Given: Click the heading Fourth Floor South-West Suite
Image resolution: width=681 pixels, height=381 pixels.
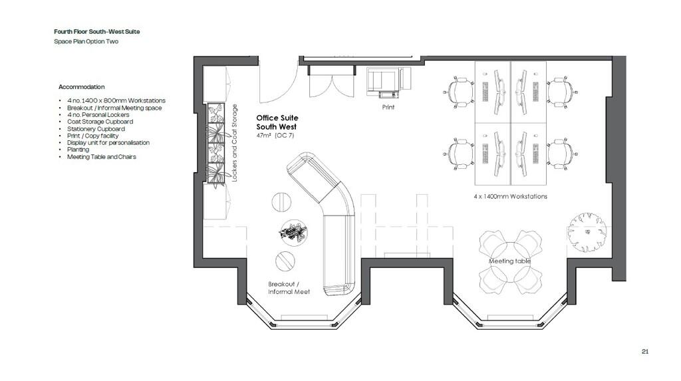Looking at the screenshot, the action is (x=97, y=32).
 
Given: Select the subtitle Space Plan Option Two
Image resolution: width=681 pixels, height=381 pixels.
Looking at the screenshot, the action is (x=86, y=42).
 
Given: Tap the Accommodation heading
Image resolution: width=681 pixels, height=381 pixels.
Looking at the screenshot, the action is (x=82, y=87).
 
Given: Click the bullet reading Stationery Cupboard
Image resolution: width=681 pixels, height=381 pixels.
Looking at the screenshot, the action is (x=96, y=129).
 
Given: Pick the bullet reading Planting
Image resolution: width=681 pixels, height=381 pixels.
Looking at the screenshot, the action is (x=78, y=150).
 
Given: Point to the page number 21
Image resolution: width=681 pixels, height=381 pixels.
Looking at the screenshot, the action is (x=645, y=352).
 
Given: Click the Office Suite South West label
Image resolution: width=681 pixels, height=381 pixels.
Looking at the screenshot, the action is (x=277, y=122).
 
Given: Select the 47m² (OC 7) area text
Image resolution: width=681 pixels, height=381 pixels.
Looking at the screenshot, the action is (x=275, y=136).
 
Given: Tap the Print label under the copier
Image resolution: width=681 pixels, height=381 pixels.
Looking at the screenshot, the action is (x=388, y=107).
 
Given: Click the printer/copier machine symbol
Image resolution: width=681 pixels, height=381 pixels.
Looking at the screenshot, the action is (x=388, y=82).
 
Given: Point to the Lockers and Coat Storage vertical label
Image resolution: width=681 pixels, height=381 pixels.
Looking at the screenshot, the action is (x=235, y=143).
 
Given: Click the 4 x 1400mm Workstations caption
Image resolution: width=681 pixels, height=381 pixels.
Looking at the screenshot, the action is (x=510, y=196).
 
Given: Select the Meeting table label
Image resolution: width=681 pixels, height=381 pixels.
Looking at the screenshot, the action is (x=510, y=261).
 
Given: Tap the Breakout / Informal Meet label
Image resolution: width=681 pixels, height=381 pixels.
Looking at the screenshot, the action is (x=289, y=288).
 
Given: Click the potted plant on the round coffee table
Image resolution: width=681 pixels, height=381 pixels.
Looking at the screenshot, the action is (x=293, y=232).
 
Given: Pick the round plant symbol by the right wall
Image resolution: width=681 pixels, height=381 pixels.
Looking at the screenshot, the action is (x=587, y=233).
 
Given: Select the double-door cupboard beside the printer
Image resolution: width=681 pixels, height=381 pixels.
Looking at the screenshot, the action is (x=333, y=82).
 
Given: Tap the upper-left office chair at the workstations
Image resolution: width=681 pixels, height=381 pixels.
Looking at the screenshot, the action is (x=459, y=92).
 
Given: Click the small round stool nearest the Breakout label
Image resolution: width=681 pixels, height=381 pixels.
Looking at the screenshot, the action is (x=285, y=261).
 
